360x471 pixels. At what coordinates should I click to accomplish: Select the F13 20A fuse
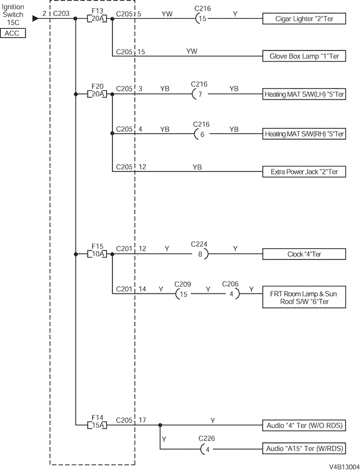click(97, 19)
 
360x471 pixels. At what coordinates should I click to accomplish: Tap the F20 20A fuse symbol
click(97, 94)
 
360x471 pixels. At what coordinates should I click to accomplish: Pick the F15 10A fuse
click(97, 254)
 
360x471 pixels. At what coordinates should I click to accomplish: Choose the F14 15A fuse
click(97, 425)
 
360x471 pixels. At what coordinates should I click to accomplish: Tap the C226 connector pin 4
click(207, 448)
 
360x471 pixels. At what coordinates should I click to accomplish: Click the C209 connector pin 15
click(183, 294)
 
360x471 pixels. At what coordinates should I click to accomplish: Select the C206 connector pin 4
click(231, 294)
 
